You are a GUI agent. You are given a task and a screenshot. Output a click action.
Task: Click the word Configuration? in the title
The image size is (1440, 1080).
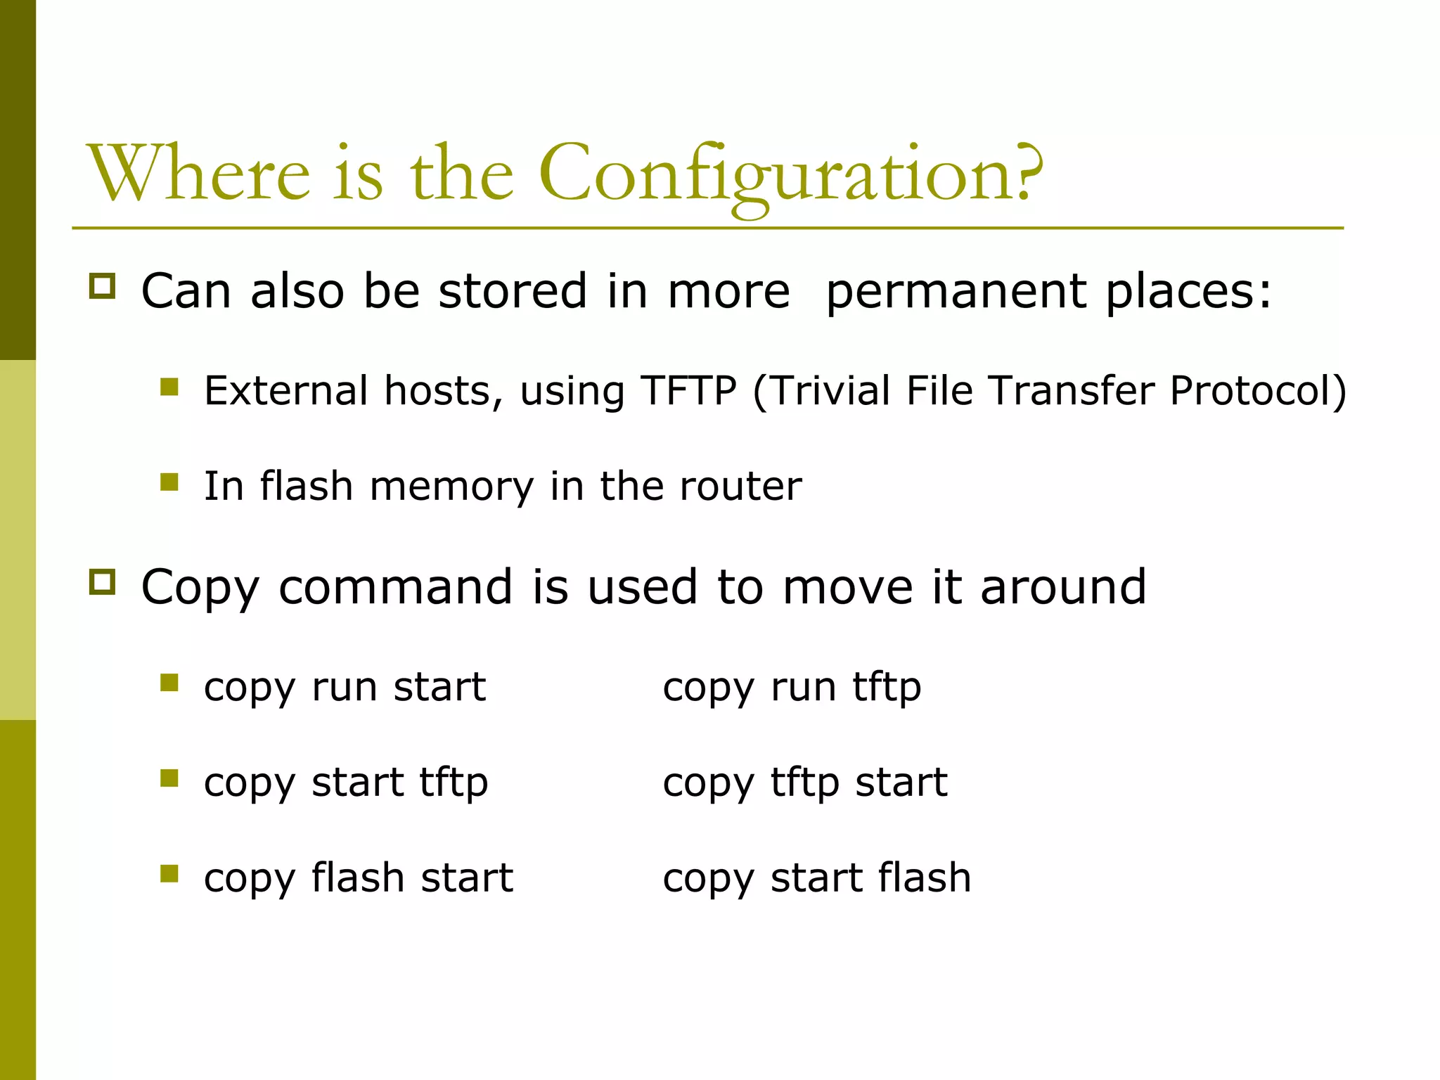click(790, 174)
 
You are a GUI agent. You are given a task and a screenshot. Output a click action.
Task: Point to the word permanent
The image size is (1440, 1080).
click(956, 292)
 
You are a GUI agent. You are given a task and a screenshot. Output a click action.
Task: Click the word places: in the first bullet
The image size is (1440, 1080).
click(1188, 292)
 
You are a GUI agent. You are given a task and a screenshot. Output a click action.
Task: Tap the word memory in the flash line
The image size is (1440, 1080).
click(451, 487)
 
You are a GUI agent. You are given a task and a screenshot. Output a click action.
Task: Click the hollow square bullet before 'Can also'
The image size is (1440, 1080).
click(103, 286)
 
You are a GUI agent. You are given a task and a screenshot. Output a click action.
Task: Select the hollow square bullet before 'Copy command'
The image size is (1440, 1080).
click(103, 582)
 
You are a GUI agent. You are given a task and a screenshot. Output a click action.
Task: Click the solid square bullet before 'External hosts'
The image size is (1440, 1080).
click(169, 387)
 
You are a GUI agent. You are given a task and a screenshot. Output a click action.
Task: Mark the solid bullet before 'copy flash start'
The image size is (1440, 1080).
click(169, 873)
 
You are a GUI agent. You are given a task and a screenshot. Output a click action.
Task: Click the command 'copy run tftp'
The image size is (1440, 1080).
click(792, 687)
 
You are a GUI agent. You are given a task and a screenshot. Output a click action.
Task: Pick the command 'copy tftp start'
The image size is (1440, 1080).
click(804, 783)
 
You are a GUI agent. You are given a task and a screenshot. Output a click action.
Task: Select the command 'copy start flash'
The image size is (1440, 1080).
click(816, 878)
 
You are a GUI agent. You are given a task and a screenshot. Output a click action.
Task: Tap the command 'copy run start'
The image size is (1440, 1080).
click(345, 687)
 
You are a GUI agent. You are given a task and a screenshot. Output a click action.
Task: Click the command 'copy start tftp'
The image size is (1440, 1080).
click(345, 783)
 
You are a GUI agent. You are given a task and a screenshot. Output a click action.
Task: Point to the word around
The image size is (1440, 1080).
click(1063, 587)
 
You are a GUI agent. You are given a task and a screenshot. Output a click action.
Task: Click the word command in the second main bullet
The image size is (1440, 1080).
click(395, 587)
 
